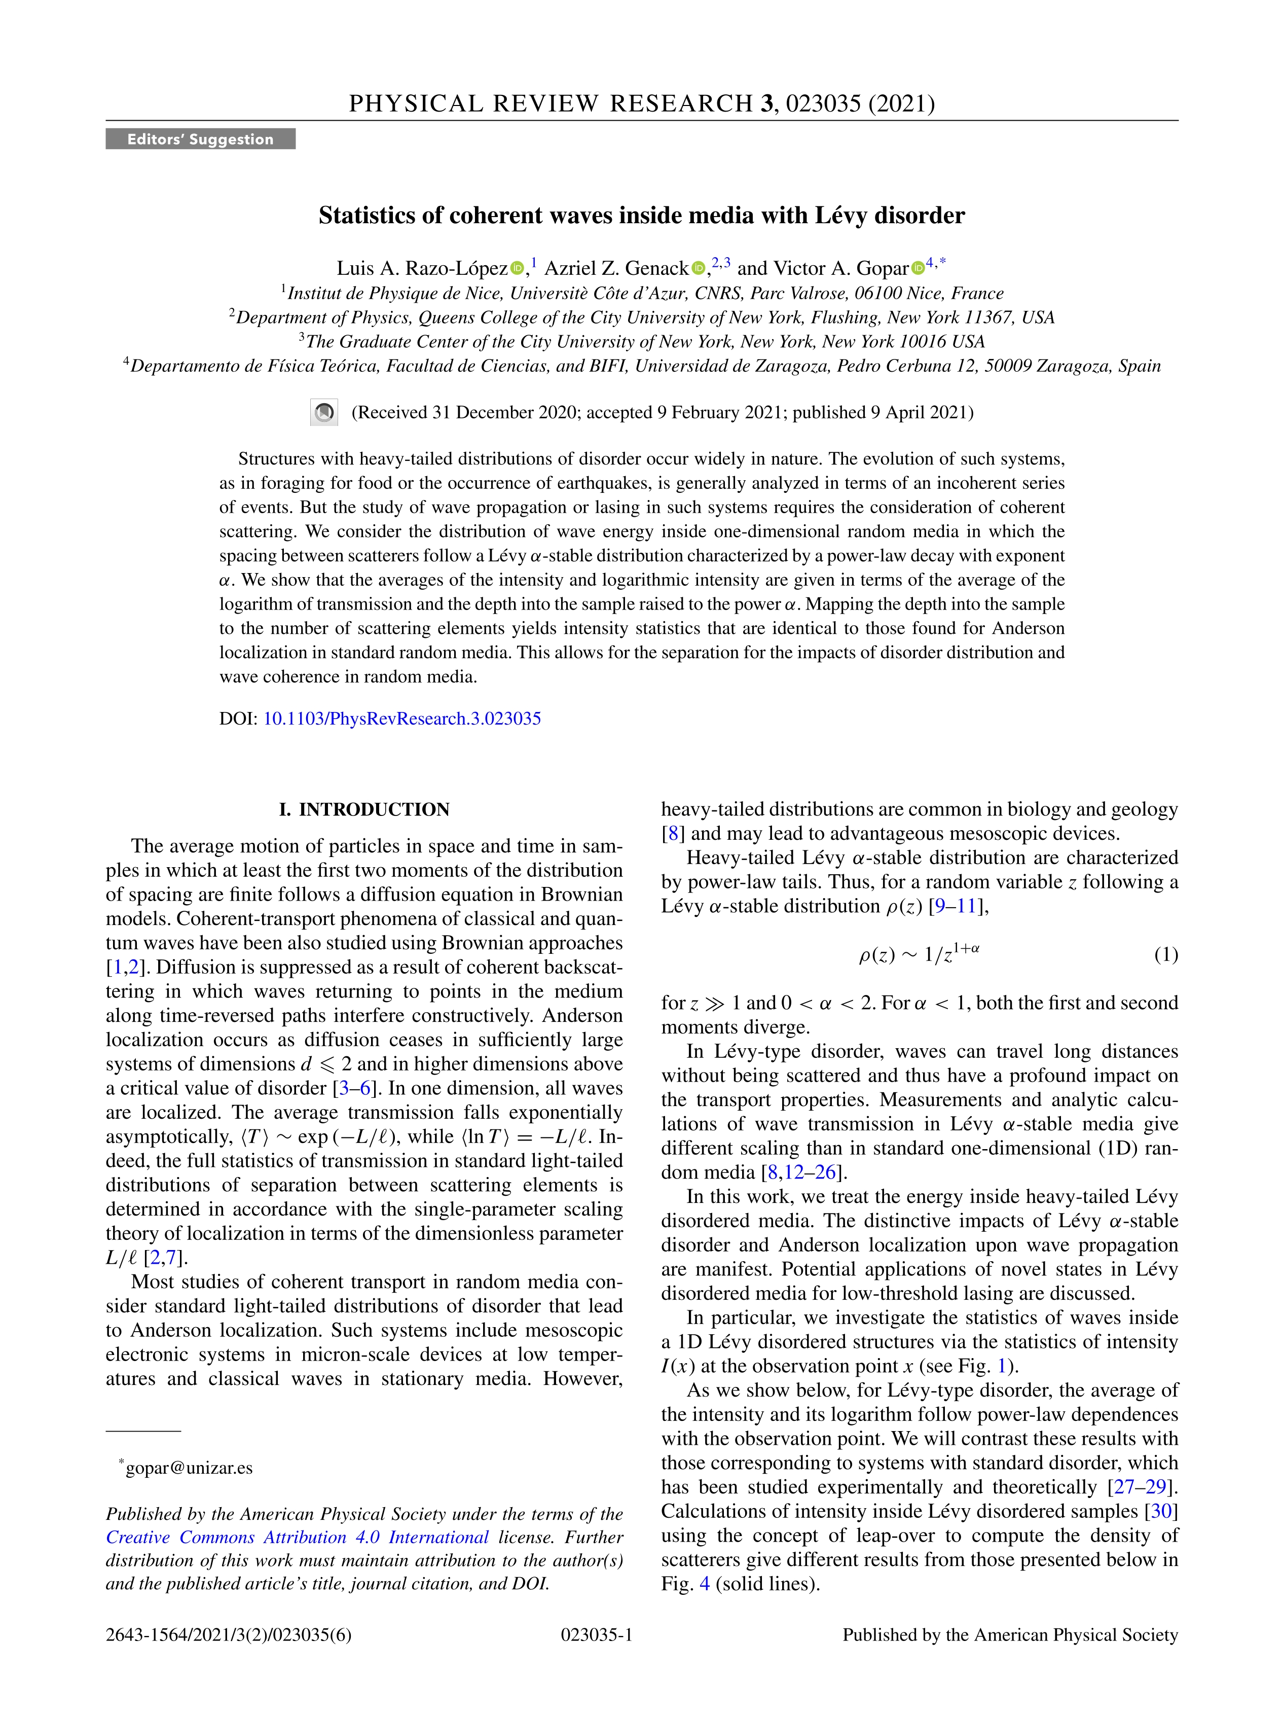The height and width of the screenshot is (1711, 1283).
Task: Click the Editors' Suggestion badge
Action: coord(200,139)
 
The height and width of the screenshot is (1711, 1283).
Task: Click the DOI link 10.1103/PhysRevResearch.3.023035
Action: coord(402,719)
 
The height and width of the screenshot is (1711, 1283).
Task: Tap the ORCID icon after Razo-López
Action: coord(517,268)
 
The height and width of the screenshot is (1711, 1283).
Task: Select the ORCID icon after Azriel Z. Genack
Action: coord(698,268)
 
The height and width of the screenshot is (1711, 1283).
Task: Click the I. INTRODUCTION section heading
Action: coord(364,809)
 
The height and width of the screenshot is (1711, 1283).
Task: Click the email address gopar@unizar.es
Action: coord(189,1468)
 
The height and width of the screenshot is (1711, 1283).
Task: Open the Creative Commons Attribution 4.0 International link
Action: coord(298,1537)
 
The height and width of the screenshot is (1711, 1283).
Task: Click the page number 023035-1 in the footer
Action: coord(596,1634)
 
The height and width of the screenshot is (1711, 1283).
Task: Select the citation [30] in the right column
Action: coord(1161,1511)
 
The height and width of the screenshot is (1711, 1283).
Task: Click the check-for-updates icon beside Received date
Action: coord(324,412)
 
